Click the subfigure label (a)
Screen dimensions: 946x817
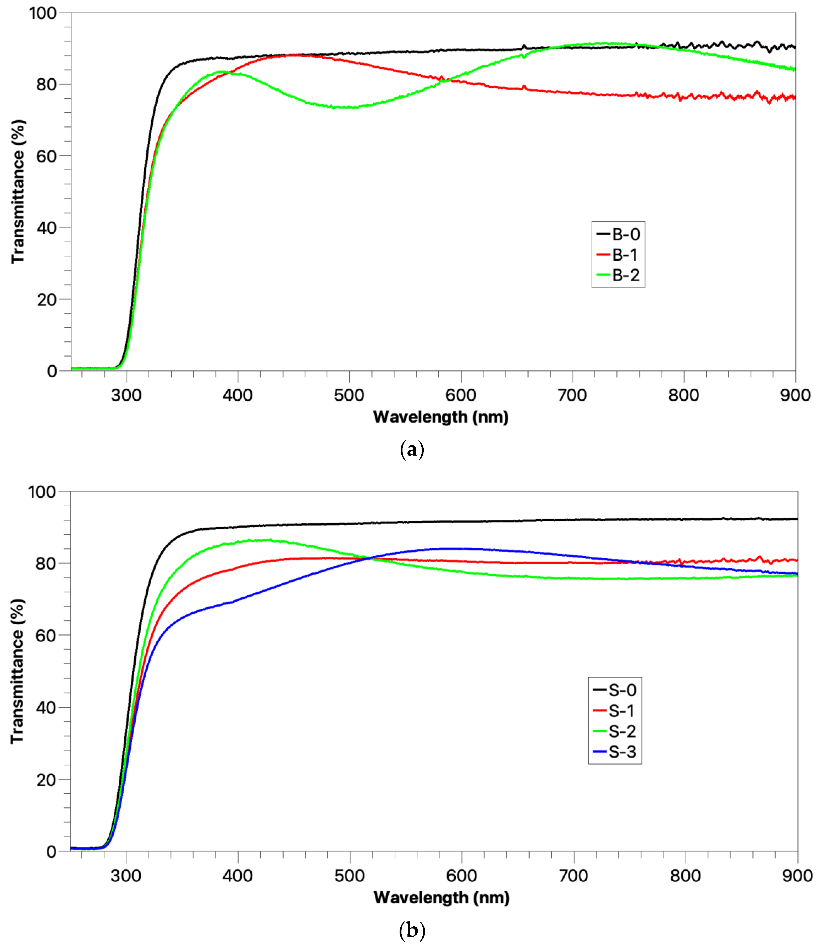pos(412,450)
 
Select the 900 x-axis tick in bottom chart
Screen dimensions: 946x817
pos(797,875)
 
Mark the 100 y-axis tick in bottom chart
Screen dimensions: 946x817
pos(42,492)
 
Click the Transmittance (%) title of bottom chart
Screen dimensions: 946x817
pos(17,671)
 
